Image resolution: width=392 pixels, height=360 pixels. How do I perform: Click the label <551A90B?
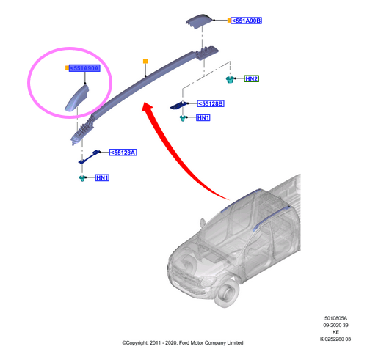246,21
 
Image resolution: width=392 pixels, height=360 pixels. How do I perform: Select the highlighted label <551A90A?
84,68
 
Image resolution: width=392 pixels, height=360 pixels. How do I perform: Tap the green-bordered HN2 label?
252,79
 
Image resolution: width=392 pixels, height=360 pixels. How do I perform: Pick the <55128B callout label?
211,103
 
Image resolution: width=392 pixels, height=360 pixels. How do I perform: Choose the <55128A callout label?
123,153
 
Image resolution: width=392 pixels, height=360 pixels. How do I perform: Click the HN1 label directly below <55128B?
203,117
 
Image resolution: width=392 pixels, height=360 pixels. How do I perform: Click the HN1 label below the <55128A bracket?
102,177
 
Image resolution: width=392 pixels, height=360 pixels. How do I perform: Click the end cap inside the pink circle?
77,98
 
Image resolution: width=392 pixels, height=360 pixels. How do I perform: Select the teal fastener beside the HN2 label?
230,80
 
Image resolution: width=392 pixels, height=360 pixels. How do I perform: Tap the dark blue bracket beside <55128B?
178,105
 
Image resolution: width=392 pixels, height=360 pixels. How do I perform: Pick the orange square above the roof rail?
145,61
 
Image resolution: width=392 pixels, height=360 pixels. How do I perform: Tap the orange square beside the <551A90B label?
229,21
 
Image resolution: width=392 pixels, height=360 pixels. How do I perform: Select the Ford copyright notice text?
183,343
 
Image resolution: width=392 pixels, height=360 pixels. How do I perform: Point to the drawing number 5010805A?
335,318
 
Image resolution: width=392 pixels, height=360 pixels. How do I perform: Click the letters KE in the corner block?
335,332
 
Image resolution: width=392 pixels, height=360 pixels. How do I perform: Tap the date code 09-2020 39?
335,325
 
